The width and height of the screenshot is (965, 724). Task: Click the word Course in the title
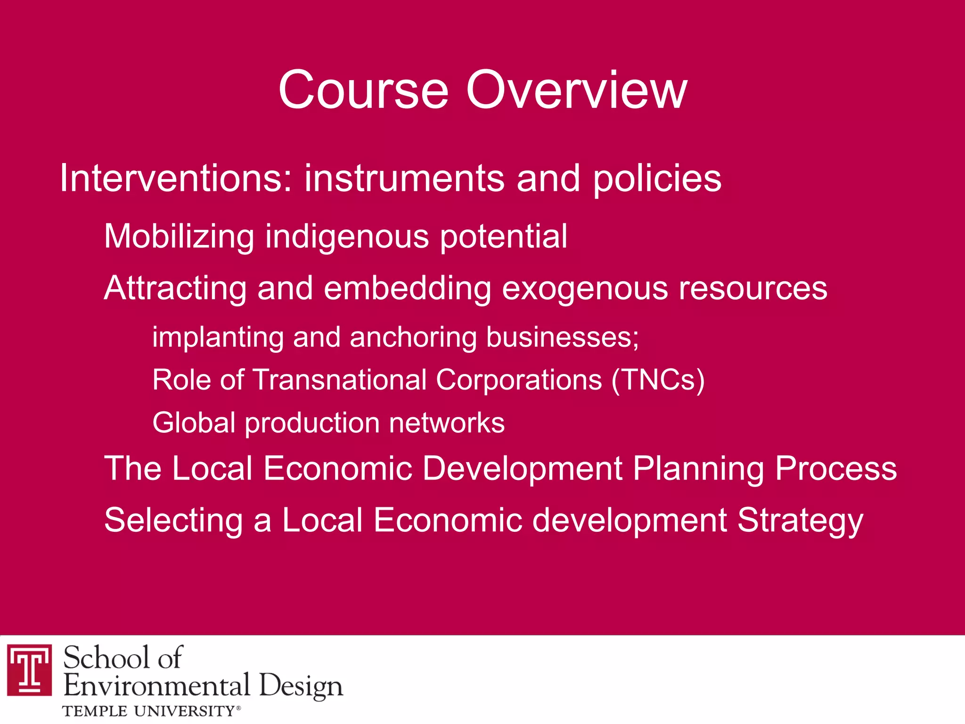pos(363,90)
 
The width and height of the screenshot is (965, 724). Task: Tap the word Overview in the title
pos(577,90)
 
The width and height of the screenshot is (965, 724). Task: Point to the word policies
pos(657,179)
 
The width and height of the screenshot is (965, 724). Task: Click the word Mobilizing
pos(179,236)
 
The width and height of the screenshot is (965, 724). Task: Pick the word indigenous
pos(347,236)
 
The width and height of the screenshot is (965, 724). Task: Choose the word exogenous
pos(585,288)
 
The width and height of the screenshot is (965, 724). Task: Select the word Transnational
pos(339,380)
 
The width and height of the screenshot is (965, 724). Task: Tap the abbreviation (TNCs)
pos(658,380)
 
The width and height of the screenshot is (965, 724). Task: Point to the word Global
pos(194,423)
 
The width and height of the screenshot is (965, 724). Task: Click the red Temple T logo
pos(30,669)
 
